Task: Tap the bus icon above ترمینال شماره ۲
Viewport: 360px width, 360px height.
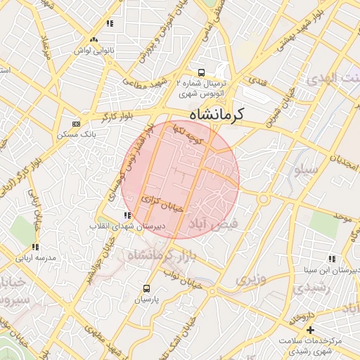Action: point(202,72)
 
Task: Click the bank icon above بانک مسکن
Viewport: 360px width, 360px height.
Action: point(77,123)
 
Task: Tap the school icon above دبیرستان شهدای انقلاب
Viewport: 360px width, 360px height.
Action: point(127,216)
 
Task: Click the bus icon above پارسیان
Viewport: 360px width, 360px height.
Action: point(146,288)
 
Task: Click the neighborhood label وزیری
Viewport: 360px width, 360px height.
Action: point(251,279)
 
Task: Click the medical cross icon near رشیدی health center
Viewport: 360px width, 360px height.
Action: point(310,330)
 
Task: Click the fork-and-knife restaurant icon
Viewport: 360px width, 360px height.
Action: point(109,24)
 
